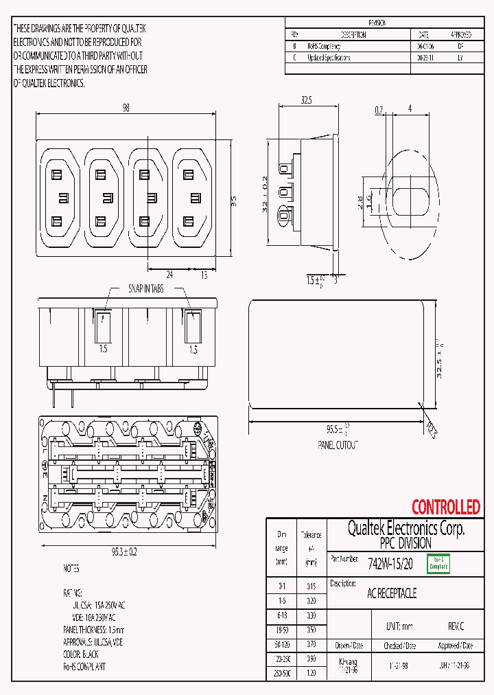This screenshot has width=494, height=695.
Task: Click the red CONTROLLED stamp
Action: click(x=445, y=508)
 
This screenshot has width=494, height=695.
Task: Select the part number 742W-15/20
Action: click(x=390, y=565)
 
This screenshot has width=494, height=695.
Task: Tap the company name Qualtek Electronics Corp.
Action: click(x=405, y=529)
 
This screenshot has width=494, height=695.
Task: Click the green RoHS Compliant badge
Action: click(x=437, y=564)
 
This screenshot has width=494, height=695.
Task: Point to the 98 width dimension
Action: click(x=126, y=108)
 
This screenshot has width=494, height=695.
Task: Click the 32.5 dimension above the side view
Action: click(x=306, y=100)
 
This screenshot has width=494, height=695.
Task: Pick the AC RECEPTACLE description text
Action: click(x=392, y=593)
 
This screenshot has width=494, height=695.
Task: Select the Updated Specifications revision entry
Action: click(x=329, y=58)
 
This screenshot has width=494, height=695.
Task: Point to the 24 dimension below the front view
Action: click(x=168, y=275)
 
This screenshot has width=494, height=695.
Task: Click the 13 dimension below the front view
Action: click(x=204, y=275)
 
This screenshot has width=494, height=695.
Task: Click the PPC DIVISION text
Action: click(x=405, y=543)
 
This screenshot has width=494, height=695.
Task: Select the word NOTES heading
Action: click(x=71, y=569)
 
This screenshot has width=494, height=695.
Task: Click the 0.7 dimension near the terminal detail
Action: click(x=379, y=109)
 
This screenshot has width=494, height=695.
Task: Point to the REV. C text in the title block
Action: click(x=456, y=627)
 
